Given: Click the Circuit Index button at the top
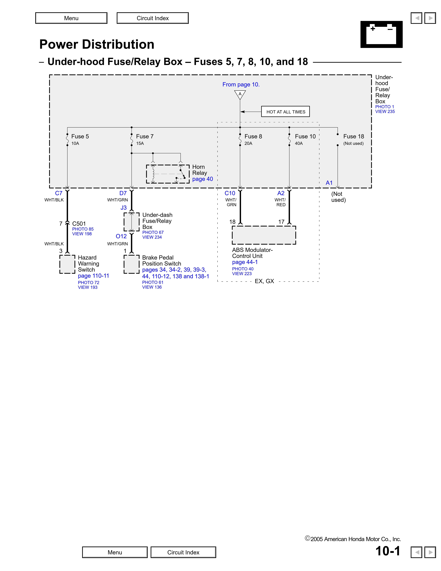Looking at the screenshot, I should point(153,18).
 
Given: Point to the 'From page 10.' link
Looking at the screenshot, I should point(241,84).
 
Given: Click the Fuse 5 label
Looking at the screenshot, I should point(80,136).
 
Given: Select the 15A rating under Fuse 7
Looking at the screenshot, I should point(140,143).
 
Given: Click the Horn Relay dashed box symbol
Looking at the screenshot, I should point(168,174).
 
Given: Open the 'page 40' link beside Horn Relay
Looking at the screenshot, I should point(203,179).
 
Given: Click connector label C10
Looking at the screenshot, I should point(230,193).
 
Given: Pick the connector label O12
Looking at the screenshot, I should point(121,236).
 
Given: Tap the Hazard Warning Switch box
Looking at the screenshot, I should point(67,264).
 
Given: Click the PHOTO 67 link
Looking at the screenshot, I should point(153,232).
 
